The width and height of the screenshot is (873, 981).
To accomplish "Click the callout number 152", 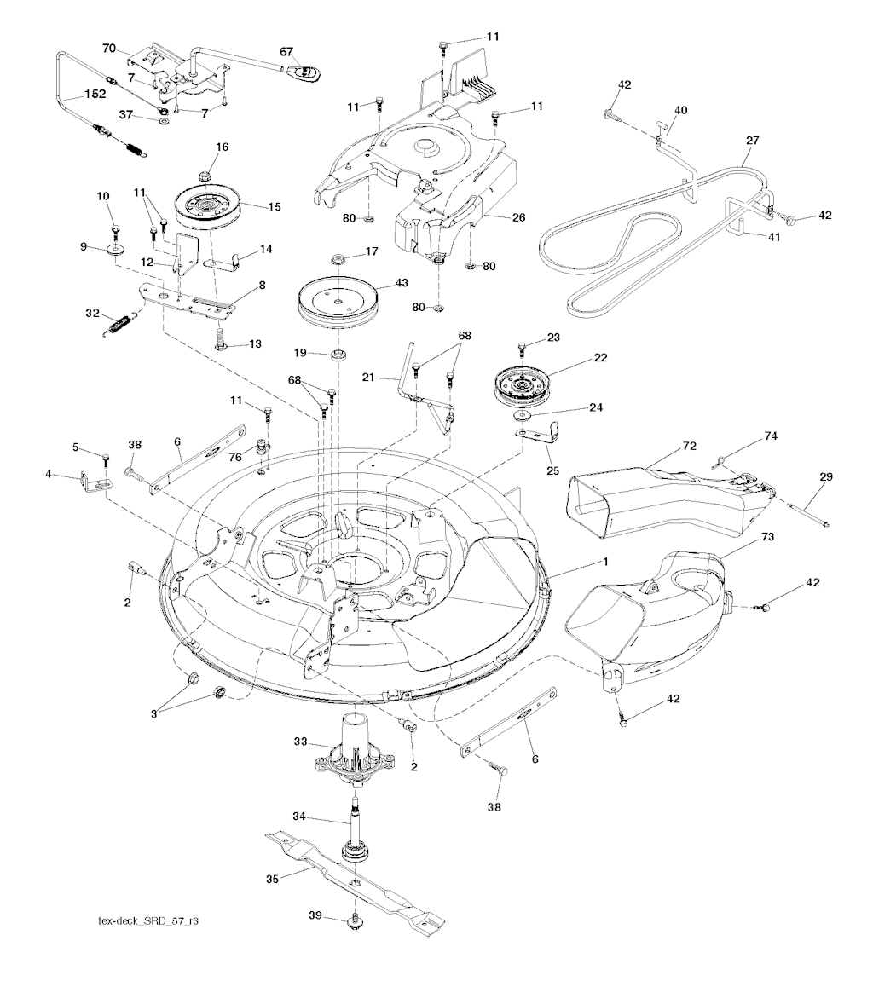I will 94,95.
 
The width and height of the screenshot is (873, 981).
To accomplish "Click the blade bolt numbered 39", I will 355,919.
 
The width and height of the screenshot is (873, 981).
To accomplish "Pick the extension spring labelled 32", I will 124,321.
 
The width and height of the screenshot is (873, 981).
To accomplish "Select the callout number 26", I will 518,217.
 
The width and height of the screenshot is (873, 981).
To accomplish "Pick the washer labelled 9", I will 114,251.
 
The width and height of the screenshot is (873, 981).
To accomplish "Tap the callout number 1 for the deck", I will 605,562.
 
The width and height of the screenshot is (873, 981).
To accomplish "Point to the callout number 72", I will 690,446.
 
